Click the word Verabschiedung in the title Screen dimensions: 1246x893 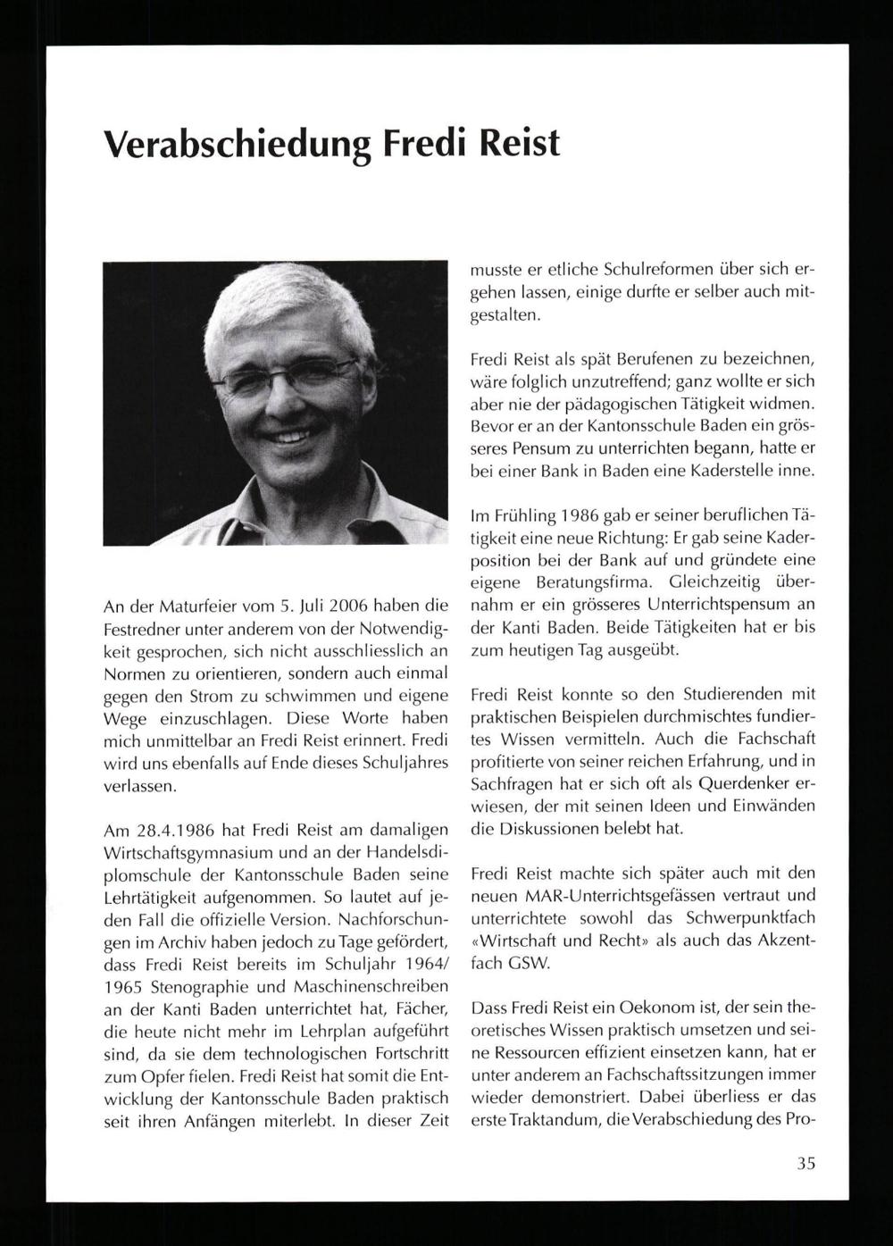[237, 144]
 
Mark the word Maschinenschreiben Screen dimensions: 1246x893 [370, 987]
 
